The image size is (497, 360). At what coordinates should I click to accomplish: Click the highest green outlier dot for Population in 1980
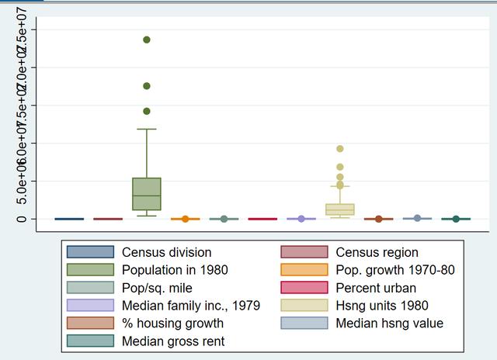point(147,40)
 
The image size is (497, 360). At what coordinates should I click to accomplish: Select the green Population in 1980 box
point(147,194)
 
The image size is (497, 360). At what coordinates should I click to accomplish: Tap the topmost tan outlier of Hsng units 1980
point(340,149)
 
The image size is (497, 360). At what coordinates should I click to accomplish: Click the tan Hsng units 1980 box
point(340,209)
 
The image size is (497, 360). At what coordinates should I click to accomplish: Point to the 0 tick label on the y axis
point(22,219)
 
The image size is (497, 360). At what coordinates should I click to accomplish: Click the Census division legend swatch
point(90,252)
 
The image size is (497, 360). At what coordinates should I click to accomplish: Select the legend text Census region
point(377,252)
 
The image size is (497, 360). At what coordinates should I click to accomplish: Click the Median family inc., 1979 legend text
point(191,306)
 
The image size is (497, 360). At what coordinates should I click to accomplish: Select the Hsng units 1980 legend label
point(381,306)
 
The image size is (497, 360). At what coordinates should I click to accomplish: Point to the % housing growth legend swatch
point(90,324)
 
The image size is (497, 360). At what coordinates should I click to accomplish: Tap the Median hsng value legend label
point(388,324)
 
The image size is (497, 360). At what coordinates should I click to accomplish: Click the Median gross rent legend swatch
point(90,341)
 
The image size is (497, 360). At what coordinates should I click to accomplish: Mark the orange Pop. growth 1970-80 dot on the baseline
point(186,219)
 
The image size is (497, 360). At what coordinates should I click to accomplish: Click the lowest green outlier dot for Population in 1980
point(147,111)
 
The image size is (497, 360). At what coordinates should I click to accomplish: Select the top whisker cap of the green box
point(147,129)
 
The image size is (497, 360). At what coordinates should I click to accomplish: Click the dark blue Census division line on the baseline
point(69,219)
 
